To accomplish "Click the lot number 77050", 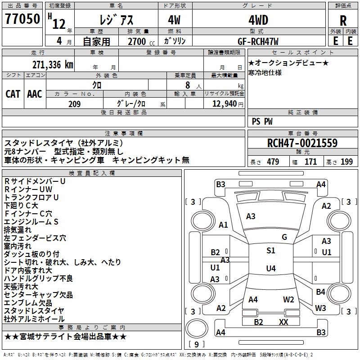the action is tap(22, 19).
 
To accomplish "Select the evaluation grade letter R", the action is tap(343, 21).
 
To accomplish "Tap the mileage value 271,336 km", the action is tap(53, 65).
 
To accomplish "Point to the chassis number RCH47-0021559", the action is tap(302, 143).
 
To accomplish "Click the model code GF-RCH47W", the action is tap(258, 41).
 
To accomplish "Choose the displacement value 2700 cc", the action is tap(141, 41).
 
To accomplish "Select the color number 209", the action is tap(74, 104).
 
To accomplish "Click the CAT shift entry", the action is tap(13, 94).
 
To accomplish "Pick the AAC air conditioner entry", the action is tap(35, 94).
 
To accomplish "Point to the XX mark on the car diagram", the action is tap(283, 322).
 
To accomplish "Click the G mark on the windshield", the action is tap(284, 237).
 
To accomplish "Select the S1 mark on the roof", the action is tap(271, 251).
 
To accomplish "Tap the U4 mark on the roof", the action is tap(271, 268).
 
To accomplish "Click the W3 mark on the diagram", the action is tap(320, 308).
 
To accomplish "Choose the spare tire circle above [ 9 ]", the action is tap(197, 328).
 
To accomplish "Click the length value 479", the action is tap(273, 162).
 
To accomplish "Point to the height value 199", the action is tap(346, 162).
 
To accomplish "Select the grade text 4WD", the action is tap(258, 20).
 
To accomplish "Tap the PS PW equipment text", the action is tap(262, 121).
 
